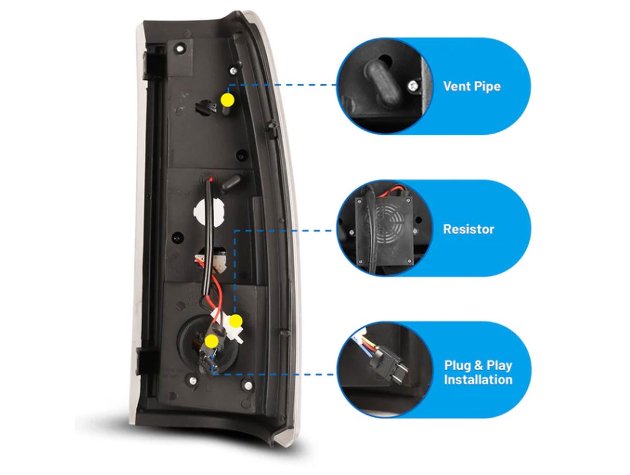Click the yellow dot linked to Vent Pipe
(227, 99)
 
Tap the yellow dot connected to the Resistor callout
(236, 320)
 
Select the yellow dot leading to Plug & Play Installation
(212, 342)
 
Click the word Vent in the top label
(456, 86)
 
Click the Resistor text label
(468, 229)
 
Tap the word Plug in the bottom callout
(458, 365)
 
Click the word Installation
(478, 380)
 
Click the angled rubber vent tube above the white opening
(230, 183)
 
